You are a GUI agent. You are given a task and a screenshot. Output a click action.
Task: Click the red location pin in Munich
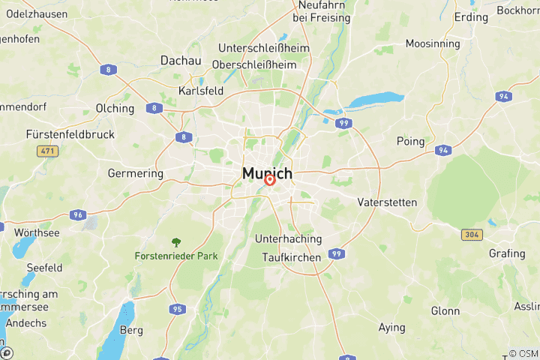270,179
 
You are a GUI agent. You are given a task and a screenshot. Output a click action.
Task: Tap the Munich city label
267,173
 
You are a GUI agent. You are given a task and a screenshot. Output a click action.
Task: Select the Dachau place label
181,61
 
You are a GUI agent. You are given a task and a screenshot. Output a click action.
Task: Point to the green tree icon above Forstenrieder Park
176,242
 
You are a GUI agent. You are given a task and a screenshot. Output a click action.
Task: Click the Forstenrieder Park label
176,256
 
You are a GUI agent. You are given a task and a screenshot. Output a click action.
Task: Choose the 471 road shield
48,151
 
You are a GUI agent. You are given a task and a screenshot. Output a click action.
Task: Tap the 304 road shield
471,235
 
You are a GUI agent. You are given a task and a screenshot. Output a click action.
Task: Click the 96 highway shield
77,214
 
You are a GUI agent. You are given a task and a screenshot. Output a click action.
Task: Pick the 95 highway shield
177,309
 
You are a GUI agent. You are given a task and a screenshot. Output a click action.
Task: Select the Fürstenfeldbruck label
70,134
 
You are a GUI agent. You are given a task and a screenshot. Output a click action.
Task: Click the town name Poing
410,141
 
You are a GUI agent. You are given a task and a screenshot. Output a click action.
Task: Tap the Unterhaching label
288,239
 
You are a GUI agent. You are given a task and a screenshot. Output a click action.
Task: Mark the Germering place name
135,173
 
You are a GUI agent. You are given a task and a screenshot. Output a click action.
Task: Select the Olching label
115,108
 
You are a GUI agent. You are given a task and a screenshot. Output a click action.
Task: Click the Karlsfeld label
201,91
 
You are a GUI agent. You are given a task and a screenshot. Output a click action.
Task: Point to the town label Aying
391,328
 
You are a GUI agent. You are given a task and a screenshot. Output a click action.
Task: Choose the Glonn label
445,310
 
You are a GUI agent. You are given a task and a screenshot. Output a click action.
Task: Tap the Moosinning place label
433,43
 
